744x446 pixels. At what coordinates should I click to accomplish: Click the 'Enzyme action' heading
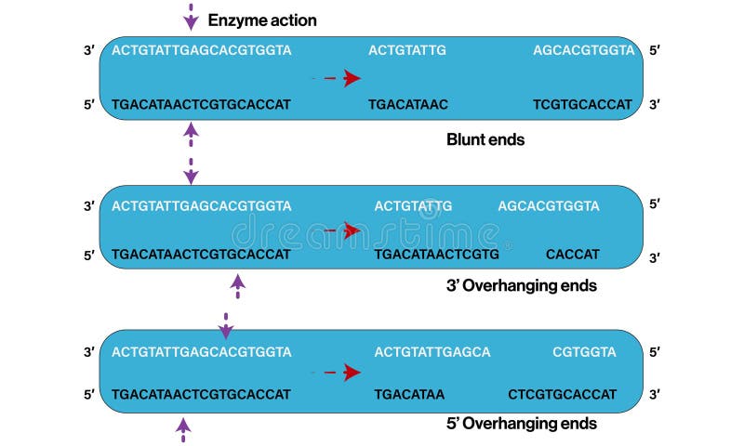tap(261, 20)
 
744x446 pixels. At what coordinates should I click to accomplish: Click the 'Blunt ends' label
tap(485, 139)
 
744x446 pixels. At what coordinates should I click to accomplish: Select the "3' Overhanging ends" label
tap(522, 285)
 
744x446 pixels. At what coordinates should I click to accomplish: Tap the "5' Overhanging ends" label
tap(522, 424)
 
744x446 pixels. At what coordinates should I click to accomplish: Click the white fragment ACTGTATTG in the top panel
tap(407, 50)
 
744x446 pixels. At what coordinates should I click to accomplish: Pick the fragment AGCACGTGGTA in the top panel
tap(583, 50)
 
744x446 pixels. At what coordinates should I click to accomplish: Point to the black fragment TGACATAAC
tap(408, 105)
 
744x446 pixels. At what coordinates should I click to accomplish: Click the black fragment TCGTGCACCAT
tap(583, 105)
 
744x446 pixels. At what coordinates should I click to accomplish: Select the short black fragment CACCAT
tap(573, 254)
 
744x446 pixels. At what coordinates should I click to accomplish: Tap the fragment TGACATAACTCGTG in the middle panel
tap(437, 254)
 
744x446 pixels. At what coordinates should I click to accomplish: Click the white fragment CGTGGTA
tap(584, 352)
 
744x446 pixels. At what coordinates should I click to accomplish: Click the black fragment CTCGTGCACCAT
tap(563, 394)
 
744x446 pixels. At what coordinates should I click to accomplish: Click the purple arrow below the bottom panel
tap(183, 428)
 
